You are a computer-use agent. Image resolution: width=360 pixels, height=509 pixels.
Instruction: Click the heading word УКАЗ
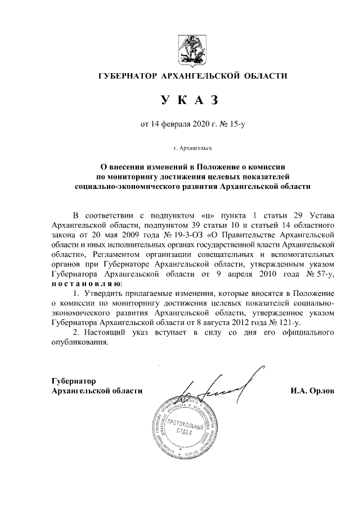coord(188,100)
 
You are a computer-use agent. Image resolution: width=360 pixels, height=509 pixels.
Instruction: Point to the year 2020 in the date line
coord(200,124)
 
